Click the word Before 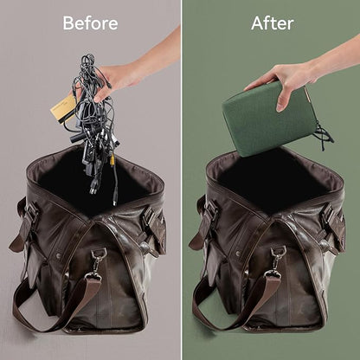tap(90, 23)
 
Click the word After tap(273, 23)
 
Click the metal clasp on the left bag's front tap(96, 263)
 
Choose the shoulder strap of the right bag tap(234, 303)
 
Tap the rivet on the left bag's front tap(59, 255)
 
